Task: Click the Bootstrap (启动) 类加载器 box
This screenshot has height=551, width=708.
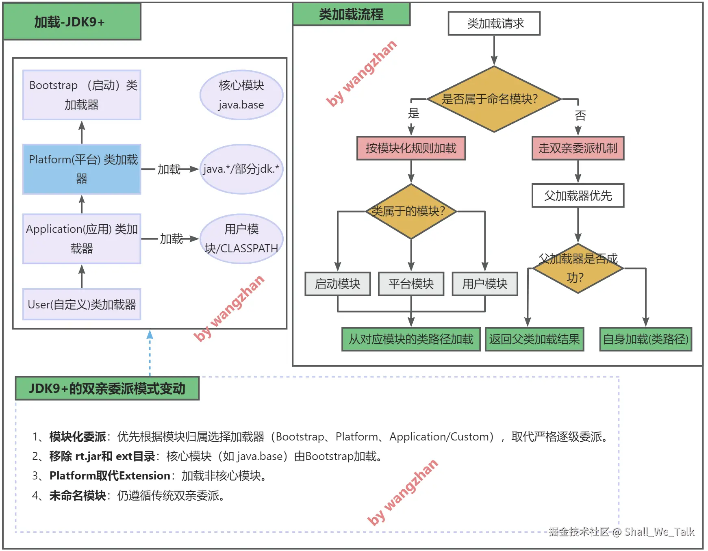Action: tap(82, 95)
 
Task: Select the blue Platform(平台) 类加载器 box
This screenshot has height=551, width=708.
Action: tap(82, 169)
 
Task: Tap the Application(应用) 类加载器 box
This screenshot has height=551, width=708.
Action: tap(82, 239)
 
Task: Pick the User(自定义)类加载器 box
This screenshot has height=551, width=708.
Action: tap(82, 304)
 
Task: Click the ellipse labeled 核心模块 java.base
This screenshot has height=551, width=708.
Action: tap(241, 95)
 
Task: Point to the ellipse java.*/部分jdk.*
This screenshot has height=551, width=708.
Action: tap(241, 169)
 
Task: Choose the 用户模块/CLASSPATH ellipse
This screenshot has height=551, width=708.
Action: tap(241, 239)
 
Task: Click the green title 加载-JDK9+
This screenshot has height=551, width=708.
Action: tap(72, 22)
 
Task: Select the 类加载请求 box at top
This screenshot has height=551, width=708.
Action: tap(494, 24)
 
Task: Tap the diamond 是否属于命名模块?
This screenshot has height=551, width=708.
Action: tap(494, 99)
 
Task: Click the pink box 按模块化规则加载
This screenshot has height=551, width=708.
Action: tap(411, 148)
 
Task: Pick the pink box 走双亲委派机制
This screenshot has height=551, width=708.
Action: tap(578, 148)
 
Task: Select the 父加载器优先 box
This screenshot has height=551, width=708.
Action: tap(578, 196)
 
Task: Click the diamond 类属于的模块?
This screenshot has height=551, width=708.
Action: tap(411, 211)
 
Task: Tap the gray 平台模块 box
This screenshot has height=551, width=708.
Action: tap(411, 284)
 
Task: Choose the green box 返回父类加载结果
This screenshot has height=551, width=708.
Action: tap(534, 339)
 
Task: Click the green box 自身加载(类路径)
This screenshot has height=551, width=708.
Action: tap(646, 339)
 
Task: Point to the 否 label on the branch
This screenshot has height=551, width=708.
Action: tap(580, 116)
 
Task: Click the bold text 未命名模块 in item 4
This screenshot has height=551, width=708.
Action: tap(78, 496)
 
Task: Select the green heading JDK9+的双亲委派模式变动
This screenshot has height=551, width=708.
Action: tap(107, 388)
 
